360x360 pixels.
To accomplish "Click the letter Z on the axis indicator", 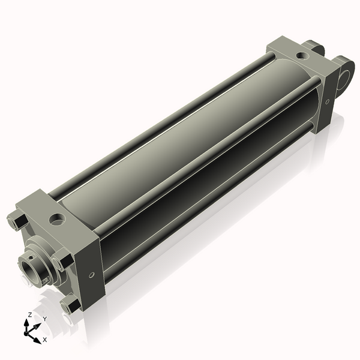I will tap(30, 315).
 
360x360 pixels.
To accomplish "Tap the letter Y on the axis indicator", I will tap(44, 318).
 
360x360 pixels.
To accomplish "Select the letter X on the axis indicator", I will tap(44, 340).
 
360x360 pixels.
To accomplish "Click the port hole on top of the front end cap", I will tap(58, 218).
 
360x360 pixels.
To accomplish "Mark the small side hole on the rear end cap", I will tap(327, 101).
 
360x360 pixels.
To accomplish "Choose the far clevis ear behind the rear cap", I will tap(314, 46).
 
